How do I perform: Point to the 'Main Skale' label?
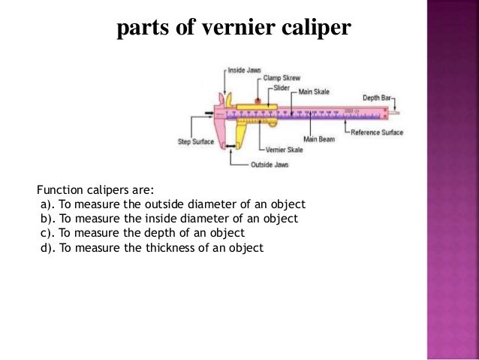316,92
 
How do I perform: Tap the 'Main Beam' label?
319,139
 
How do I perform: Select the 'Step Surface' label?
194,141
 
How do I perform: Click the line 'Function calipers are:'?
95,190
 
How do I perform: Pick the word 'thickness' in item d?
164,247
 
